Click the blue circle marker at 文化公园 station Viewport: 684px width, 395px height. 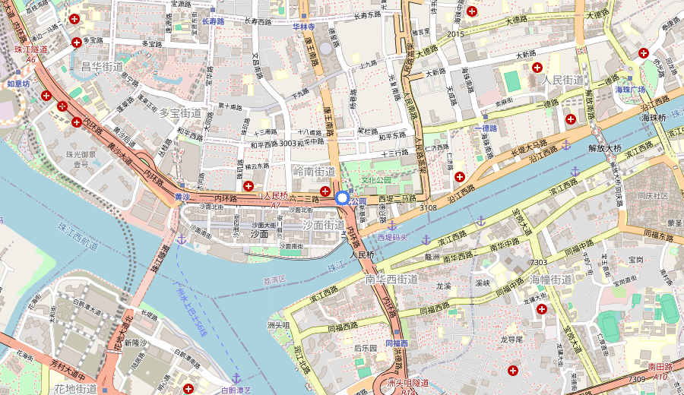342,198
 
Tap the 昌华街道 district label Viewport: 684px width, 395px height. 102,67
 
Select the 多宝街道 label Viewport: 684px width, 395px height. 180,112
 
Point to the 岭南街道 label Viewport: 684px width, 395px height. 314,172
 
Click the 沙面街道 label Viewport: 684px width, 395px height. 324,225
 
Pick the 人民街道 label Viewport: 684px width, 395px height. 562,80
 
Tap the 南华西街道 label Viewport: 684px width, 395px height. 391,279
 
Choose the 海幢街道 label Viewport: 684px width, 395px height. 550,280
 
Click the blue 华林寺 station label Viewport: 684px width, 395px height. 303,26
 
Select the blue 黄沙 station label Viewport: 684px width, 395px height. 182,196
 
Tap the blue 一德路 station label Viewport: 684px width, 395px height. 484,128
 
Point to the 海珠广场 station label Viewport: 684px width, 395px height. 629,90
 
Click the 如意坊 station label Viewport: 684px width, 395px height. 18,84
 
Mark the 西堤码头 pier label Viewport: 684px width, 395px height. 393,237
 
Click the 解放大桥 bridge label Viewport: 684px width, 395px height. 605,147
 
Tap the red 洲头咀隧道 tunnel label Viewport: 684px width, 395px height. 408,382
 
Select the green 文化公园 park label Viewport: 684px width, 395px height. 375,180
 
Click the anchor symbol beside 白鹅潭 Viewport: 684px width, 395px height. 236,378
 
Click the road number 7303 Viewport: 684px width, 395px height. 539,262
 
